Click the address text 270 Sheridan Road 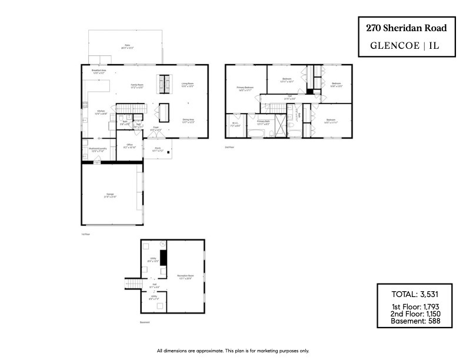click(406, 28)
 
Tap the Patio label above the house click(127, 46)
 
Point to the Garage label click(110, 195)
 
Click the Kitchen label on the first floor click(101, 111)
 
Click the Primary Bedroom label click(245, 89)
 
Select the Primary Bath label click(263, 122)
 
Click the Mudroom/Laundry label click(97, 149)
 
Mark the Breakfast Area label click(98, 71)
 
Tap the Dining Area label click(188, 121)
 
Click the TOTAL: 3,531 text click(415, 294)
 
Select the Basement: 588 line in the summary click(415, 322)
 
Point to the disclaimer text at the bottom click(232, 351)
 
